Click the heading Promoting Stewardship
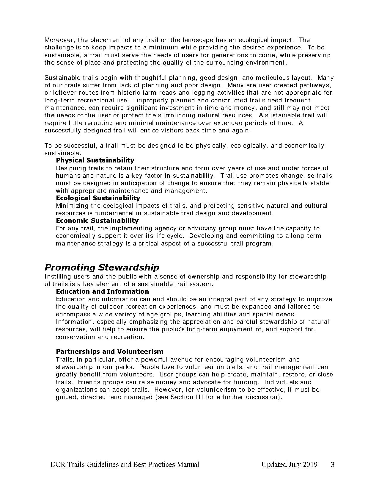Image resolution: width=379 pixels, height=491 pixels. pyautogui.click(x=102, y=268)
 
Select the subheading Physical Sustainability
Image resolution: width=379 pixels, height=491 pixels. pyautogui.click(x=95, y=160)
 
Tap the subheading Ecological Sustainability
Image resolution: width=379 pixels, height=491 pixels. pyautogui.click(x=98, y=198)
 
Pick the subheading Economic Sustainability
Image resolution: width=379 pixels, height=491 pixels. pyautogui.click(x=97, y=221)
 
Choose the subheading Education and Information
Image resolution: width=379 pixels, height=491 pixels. pyautogui.click(x=102, y=292)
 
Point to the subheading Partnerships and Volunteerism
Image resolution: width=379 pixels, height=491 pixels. pyautogui.click(x=109, y=352)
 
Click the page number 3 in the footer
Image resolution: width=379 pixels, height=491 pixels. pyautogui.click(x=333, y=465)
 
